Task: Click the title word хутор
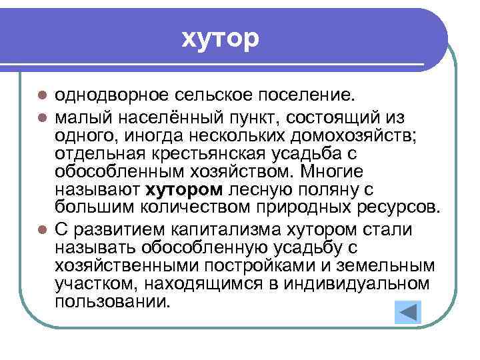coord(219,39)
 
